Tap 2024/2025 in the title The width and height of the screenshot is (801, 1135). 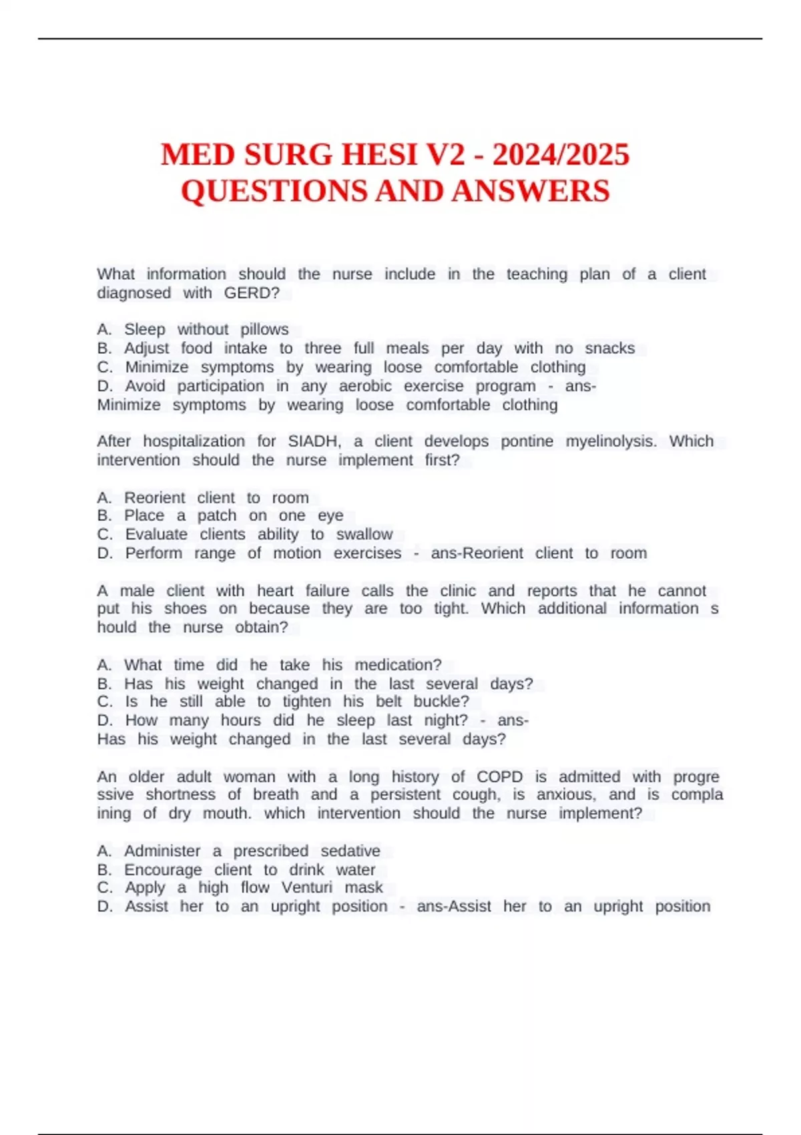(561, 155)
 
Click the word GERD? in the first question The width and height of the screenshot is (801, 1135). (252, 292)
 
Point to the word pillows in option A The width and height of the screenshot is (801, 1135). (264, 329)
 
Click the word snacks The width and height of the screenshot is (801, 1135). (609, 348)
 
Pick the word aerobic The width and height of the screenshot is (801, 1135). (365, 386)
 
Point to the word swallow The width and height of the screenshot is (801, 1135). (364, 534)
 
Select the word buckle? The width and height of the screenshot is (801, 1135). (441, 701)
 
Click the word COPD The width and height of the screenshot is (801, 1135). (499, 776)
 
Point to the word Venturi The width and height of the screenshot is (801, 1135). (306, 887)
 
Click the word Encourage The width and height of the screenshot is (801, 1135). (163, 870)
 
